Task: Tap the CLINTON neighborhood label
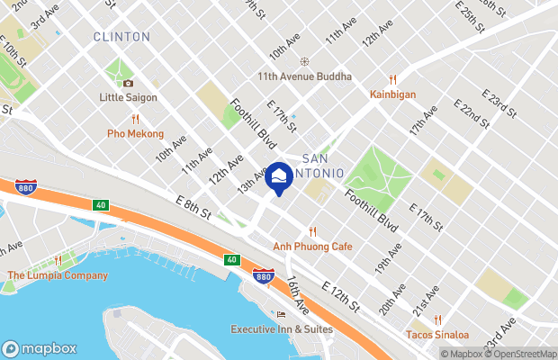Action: point(121,37)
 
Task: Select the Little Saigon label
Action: point(129,97)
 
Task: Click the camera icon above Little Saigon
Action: point(129,84)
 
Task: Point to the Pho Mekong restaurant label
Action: point(135,134)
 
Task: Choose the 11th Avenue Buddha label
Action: point(304,77)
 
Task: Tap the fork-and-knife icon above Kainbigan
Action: point(392,79)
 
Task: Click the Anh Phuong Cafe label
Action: point(312,246)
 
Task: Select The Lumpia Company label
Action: point(58,275)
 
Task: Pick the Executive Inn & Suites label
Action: point(281,329)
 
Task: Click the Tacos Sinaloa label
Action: point(436,335)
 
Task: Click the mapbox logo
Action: point(39,348)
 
